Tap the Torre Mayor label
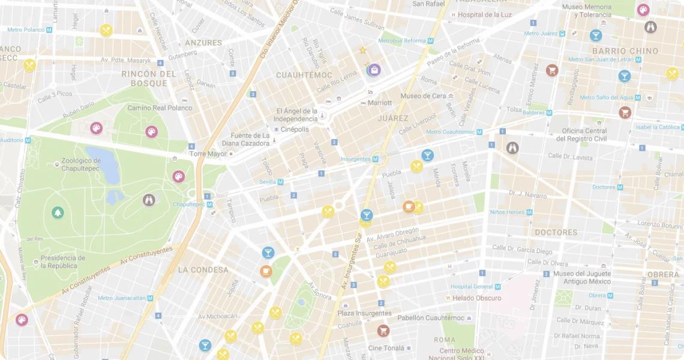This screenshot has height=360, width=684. click(x=208, y=154)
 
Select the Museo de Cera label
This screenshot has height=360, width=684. click(x=423, y=96)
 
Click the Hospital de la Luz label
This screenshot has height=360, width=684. click(x=486, y=14)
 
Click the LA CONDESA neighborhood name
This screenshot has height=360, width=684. click(x=203, y=270)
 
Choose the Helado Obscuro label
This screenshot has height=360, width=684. click(x=477, y=298)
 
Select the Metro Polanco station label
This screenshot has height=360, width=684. click(x=26, y=29)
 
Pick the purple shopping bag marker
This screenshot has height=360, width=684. click(x=374, y=70)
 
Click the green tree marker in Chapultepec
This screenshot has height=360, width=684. click(x=58, y=212)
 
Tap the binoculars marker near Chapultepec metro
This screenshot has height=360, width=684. click(x=149, y=200)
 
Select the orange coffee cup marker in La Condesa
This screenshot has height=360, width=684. click(x=266, y=271)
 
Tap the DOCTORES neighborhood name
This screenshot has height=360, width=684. click(x=556, y=232)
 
